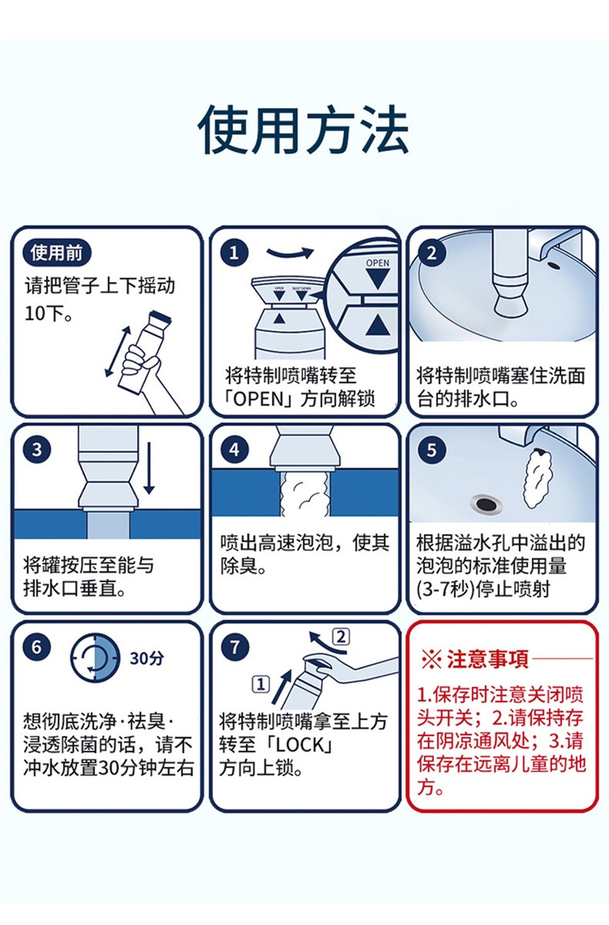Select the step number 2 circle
(x=432, y=253)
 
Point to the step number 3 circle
(x=36, y=449)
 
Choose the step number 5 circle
(x=432, y=449)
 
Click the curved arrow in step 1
(x=291, y=252)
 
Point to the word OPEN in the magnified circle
(x=378, y=263)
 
